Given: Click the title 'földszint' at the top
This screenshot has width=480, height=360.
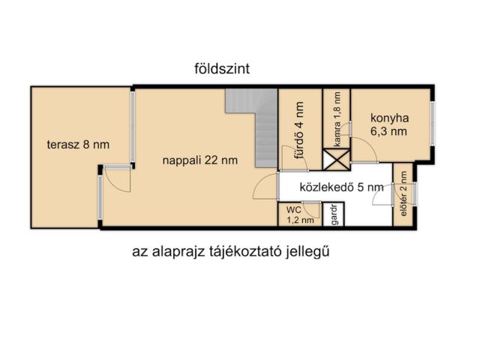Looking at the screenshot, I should click(221, 68).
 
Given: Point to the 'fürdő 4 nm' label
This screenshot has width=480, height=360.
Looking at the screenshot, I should click(299, 132).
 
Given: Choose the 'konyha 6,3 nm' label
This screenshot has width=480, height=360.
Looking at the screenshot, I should click(388, 124).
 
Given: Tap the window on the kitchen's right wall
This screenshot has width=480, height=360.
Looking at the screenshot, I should click(432, 124).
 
